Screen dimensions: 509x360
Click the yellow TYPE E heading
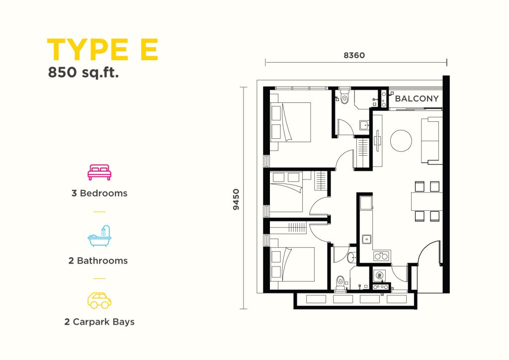[102, 49]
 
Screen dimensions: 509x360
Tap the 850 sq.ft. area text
[84, 73]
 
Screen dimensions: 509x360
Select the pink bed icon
[99, 173]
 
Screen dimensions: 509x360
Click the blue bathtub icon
[99, 236]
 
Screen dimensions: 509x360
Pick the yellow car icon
[99, 300]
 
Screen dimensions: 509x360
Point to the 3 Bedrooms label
[99, 193]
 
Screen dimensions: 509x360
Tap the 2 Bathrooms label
[98, 261]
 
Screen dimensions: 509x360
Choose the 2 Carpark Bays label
[99, 322]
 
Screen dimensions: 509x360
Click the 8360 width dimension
[354, 55]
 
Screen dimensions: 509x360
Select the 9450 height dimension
[236, 199]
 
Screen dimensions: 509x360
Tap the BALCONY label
[417, 98]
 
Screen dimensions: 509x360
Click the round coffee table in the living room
[401, 141]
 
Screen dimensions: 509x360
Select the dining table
[427, 201]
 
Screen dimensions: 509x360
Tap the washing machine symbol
[379, 276]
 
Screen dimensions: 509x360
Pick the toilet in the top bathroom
[345, 97]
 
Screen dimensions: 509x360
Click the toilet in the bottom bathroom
[340, 282]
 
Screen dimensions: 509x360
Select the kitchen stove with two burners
[381, 256]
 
